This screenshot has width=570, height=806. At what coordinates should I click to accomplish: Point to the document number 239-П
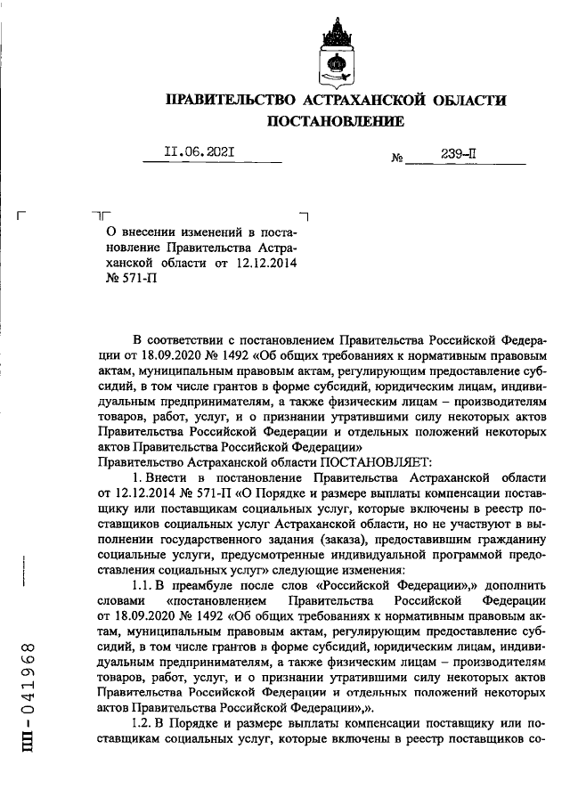click(458, 153)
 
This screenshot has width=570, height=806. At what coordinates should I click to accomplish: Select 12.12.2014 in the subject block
click(265, 263)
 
